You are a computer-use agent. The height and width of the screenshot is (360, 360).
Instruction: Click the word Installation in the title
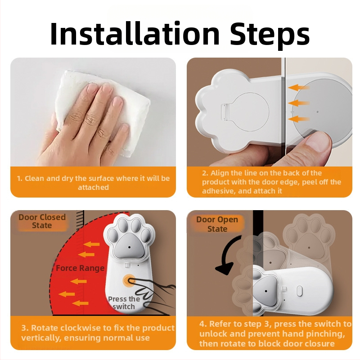point(135,33)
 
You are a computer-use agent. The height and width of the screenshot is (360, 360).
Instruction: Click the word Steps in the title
point(270,34)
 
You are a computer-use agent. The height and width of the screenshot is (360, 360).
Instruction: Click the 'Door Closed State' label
point(42,221)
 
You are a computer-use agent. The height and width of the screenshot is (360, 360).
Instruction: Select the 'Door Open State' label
point(217,224)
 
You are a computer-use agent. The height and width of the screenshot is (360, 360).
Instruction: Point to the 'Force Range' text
point(80,268)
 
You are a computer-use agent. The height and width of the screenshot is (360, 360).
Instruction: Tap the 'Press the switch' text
point(124,303)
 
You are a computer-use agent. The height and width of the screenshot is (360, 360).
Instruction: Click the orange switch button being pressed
point(129,280)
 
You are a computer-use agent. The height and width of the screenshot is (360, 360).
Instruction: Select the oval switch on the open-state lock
point(300,291)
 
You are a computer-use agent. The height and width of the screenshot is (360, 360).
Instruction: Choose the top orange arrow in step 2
point(299,87)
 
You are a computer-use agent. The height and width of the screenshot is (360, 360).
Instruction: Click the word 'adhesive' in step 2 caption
point(219,191)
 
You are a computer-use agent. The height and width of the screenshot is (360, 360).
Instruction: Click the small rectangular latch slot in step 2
point(225,112)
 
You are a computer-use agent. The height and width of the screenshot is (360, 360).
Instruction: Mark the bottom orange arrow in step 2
point(299,119)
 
